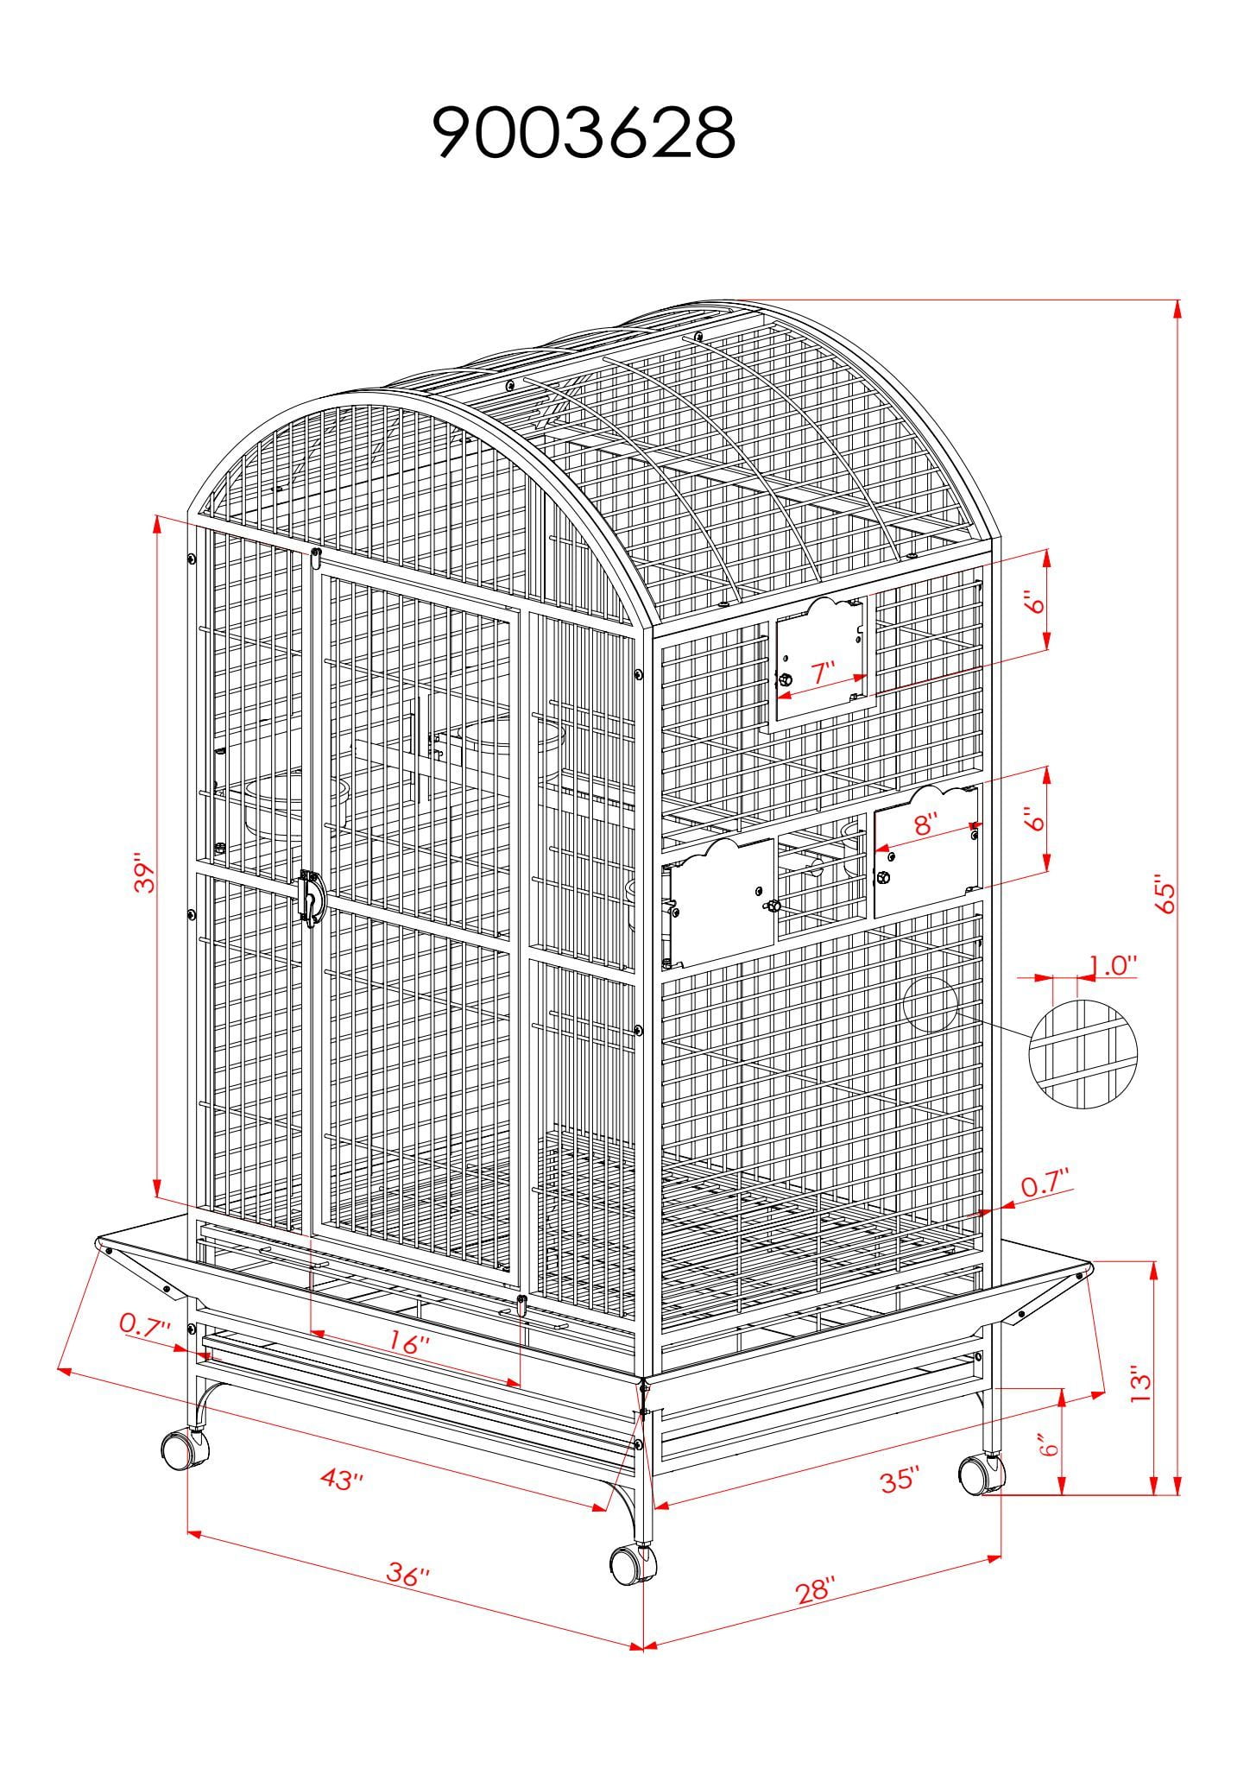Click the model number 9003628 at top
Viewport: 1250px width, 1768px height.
click(584, 133)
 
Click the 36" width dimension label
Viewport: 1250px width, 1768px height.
click(408, 1575)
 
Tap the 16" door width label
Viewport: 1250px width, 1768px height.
click(409, 1343)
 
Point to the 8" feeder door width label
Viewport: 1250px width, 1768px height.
click(925, 824)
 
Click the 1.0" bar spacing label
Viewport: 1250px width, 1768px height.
click(1113, 965)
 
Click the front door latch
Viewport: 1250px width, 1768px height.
click(309, 897)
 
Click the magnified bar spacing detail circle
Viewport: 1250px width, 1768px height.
click(1083, 1053)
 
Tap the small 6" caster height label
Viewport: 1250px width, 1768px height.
click(1048, 1445)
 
